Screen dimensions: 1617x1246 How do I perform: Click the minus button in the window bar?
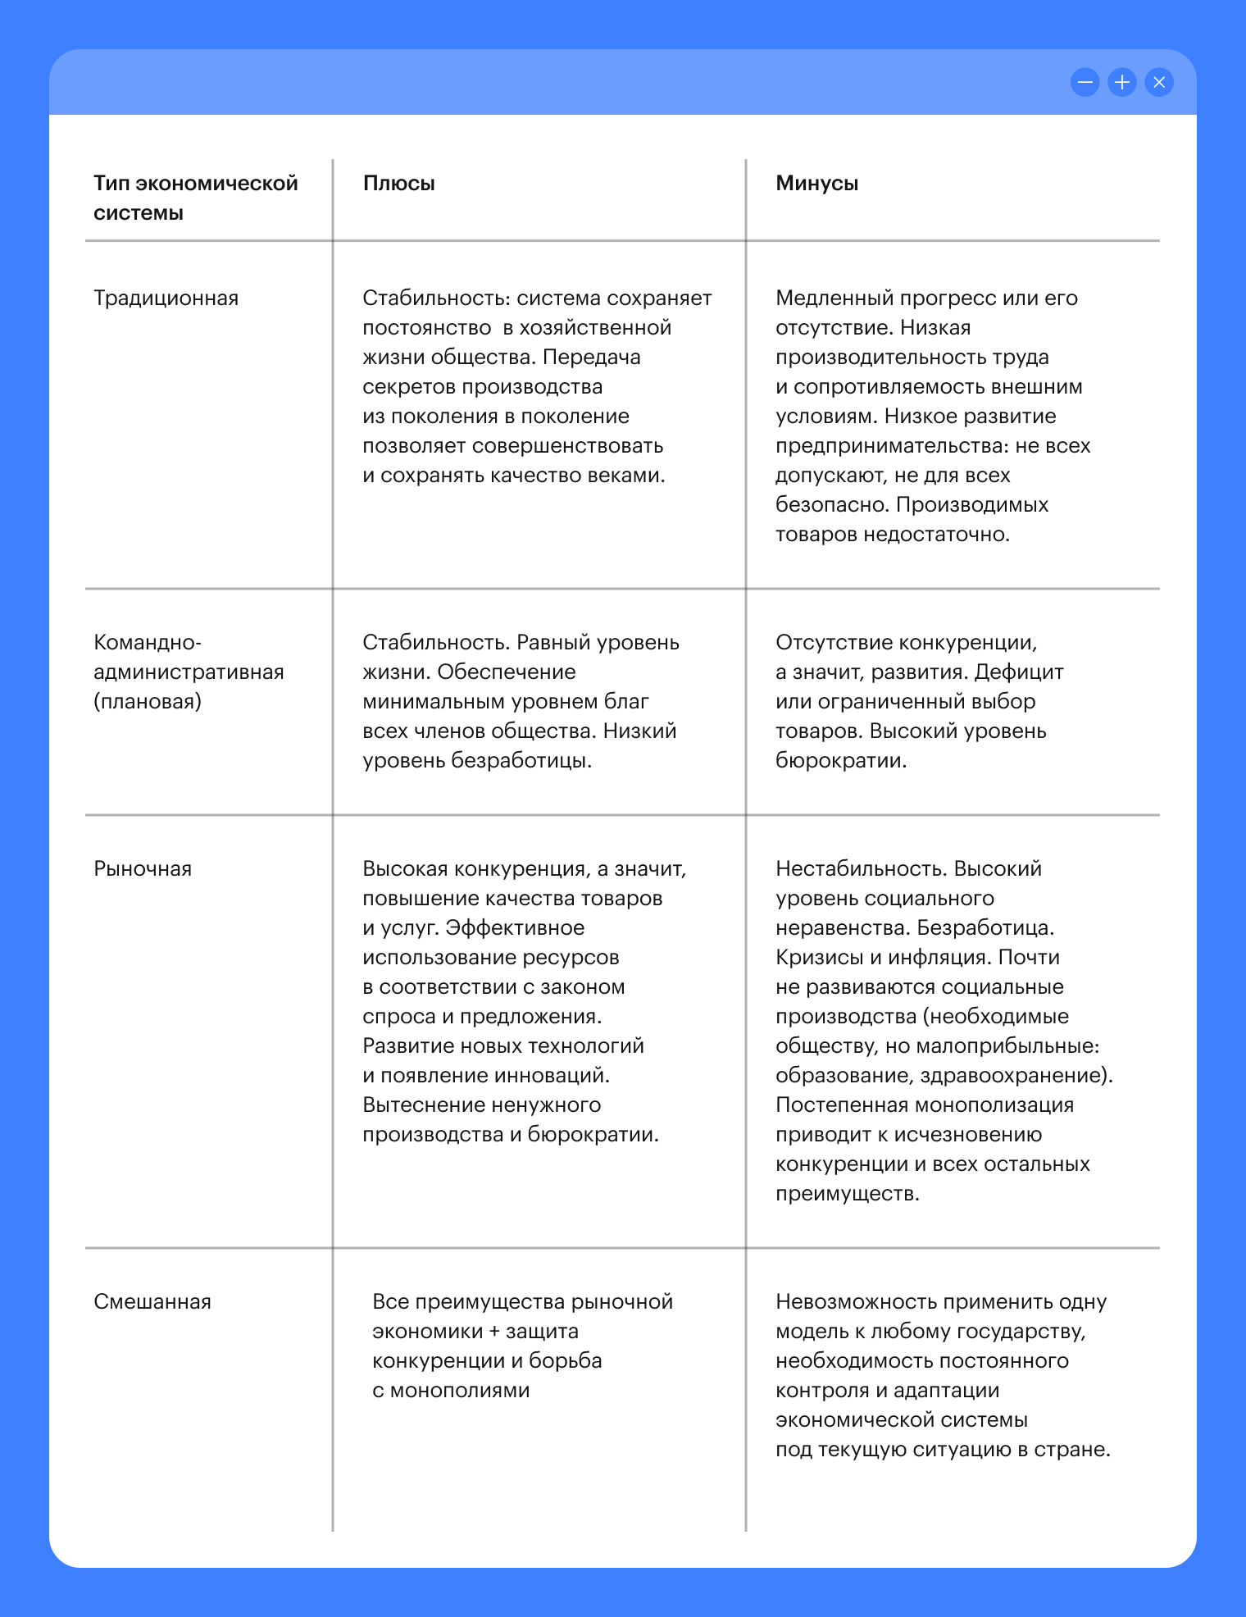(1085, 82)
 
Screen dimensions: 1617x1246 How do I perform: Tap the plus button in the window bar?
(1121, 82)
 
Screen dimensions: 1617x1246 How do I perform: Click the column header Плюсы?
(398, 184)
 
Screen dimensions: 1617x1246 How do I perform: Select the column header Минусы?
(816, 184)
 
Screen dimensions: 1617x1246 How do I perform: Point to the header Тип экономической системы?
(195, 198)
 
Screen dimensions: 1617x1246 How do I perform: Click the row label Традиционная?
(166, 298)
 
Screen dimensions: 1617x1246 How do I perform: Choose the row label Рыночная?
(143, 869)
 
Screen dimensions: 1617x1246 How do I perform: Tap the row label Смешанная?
(152, 1302)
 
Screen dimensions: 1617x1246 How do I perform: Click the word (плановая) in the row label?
(148, 702)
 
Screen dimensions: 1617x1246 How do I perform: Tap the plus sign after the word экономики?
(494, 1332)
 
